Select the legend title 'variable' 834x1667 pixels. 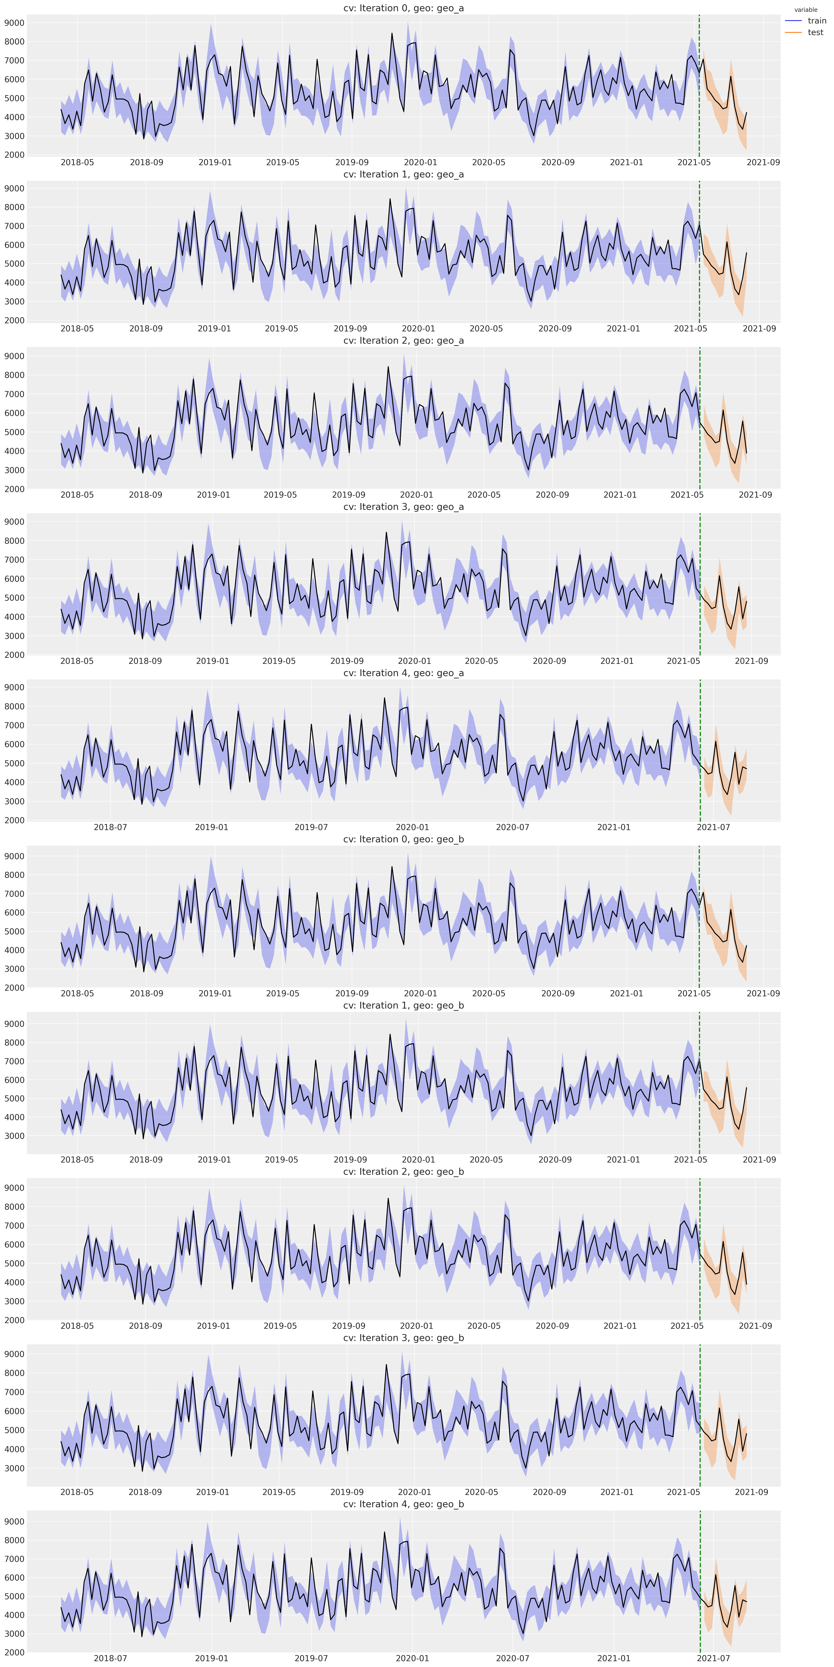[x=806, y=10]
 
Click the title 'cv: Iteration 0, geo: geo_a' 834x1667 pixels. [x=403, y=8]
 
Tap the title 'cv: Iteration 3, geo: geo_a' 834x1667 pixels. [x=403, y=507]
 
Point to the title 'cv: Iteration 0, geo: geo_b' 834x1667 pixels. [x=403, y=839]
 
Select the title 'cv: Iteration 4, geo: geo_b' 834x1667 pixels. [x=403, y=1504]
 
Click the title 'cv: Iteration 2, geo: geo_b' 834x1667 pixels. [x=403, y=1171]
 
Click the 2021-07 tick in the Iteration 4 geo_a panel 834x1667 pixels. [x=713, y=827]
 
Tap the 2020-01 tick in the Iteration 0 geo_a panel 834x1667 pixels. [x=420, y=162]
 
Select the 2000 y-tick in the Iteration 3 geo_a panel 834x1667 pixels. [x=14, y=655]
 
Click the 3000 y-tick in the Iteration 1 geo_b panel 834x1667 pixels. [x=14, y=1136]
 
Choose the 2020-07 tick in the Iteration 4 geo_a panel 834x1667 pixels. [x=512, y=827]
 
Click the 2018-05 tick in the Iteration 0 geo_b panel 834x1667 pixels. [x=77, y=993]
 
